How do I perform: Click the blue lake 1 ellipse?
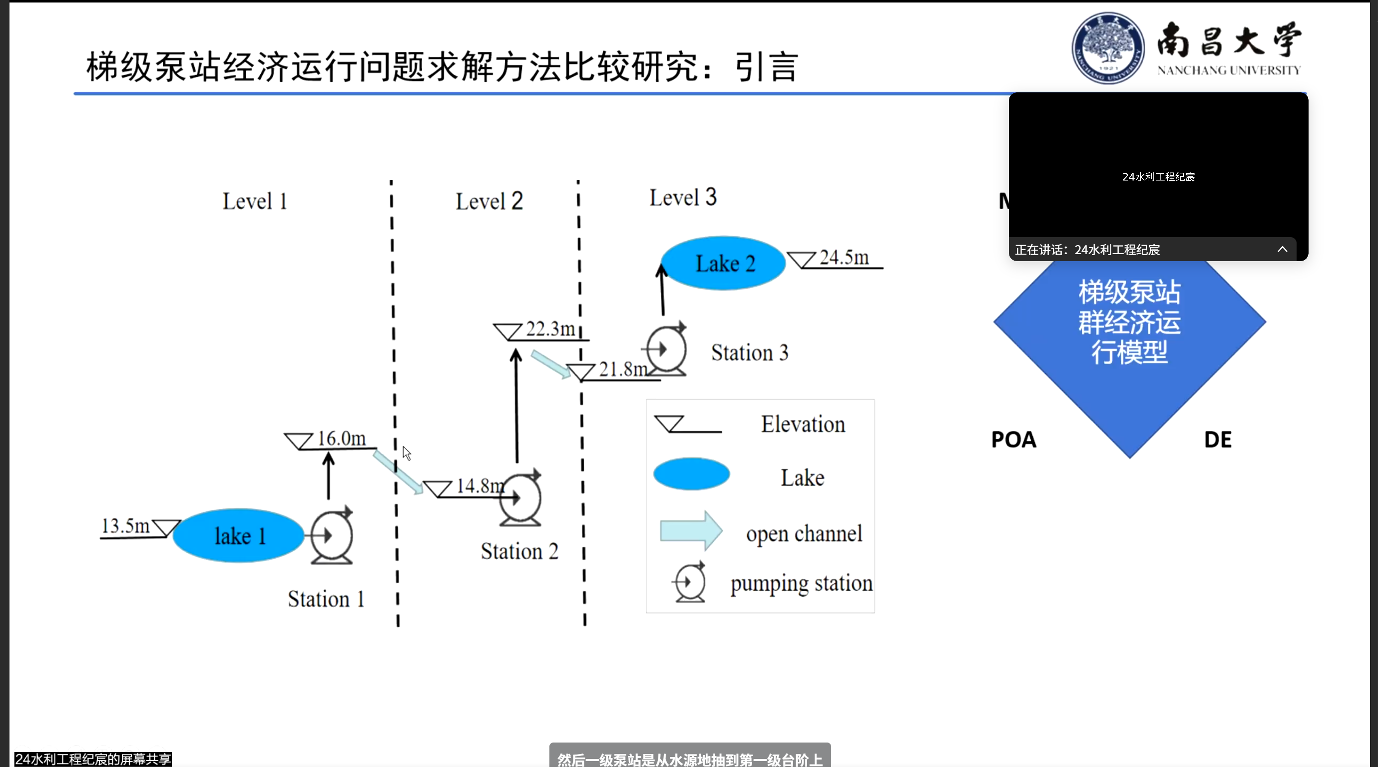coord(238,535)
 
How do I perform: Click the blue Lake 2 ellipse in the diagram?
coord(724,263)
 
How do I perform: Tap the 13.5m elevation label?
coord(125,526)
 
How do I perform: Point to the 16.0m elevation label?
coord(341,438)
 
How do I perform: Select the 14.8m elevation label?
coord(480,486)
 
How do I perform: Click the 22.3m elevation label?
coord(550,329)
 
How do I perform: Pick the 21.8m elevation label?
coord(623,369)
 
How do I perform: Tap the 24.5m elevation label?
coord(844,257)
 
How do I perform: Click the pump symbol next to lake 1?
coord(332,536)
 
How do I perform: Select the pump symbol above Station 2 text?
coord(520,498)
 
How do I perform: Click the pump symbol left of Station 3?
coord(666,349)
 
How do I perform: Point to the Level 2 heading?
coord(489,202)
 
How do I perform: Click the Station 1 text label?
coord(326,599)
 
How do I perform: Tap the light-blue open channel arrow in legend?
coord(691,531)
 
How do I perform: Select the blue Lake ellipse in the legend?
coord(691,474)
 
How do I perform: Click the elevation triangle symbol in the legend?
coord(670,423)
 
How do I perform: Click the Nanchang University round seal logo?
coord(1108,48)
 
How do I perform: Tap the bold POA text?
coord(1013,439)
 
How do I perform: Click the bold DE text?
coord(1218,439)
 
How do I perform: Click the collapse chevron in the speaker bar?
coord(1282,249)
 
